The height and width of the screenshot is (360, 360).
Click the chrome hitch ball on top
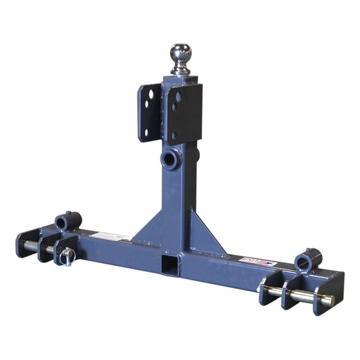(181, 53)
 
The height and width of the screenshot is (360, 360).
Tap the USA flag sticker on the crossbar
(251, 260)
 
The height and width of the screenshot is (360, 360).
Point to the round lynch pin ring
(67, 257)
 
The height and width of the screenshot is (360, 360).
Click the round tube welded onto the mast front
(170, 159)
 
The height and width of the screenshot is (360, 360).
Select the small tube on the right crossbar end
(308, 260)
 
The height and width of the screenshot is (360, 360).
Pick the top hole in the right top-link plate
(179, 97)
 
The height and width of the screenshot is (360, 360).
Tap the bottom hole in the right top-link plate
(174, 135)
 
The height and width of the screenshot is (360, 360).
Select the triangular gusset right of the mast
(208, 233)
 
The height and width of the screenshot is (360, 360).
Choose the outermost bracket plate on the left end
(27, 242)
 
